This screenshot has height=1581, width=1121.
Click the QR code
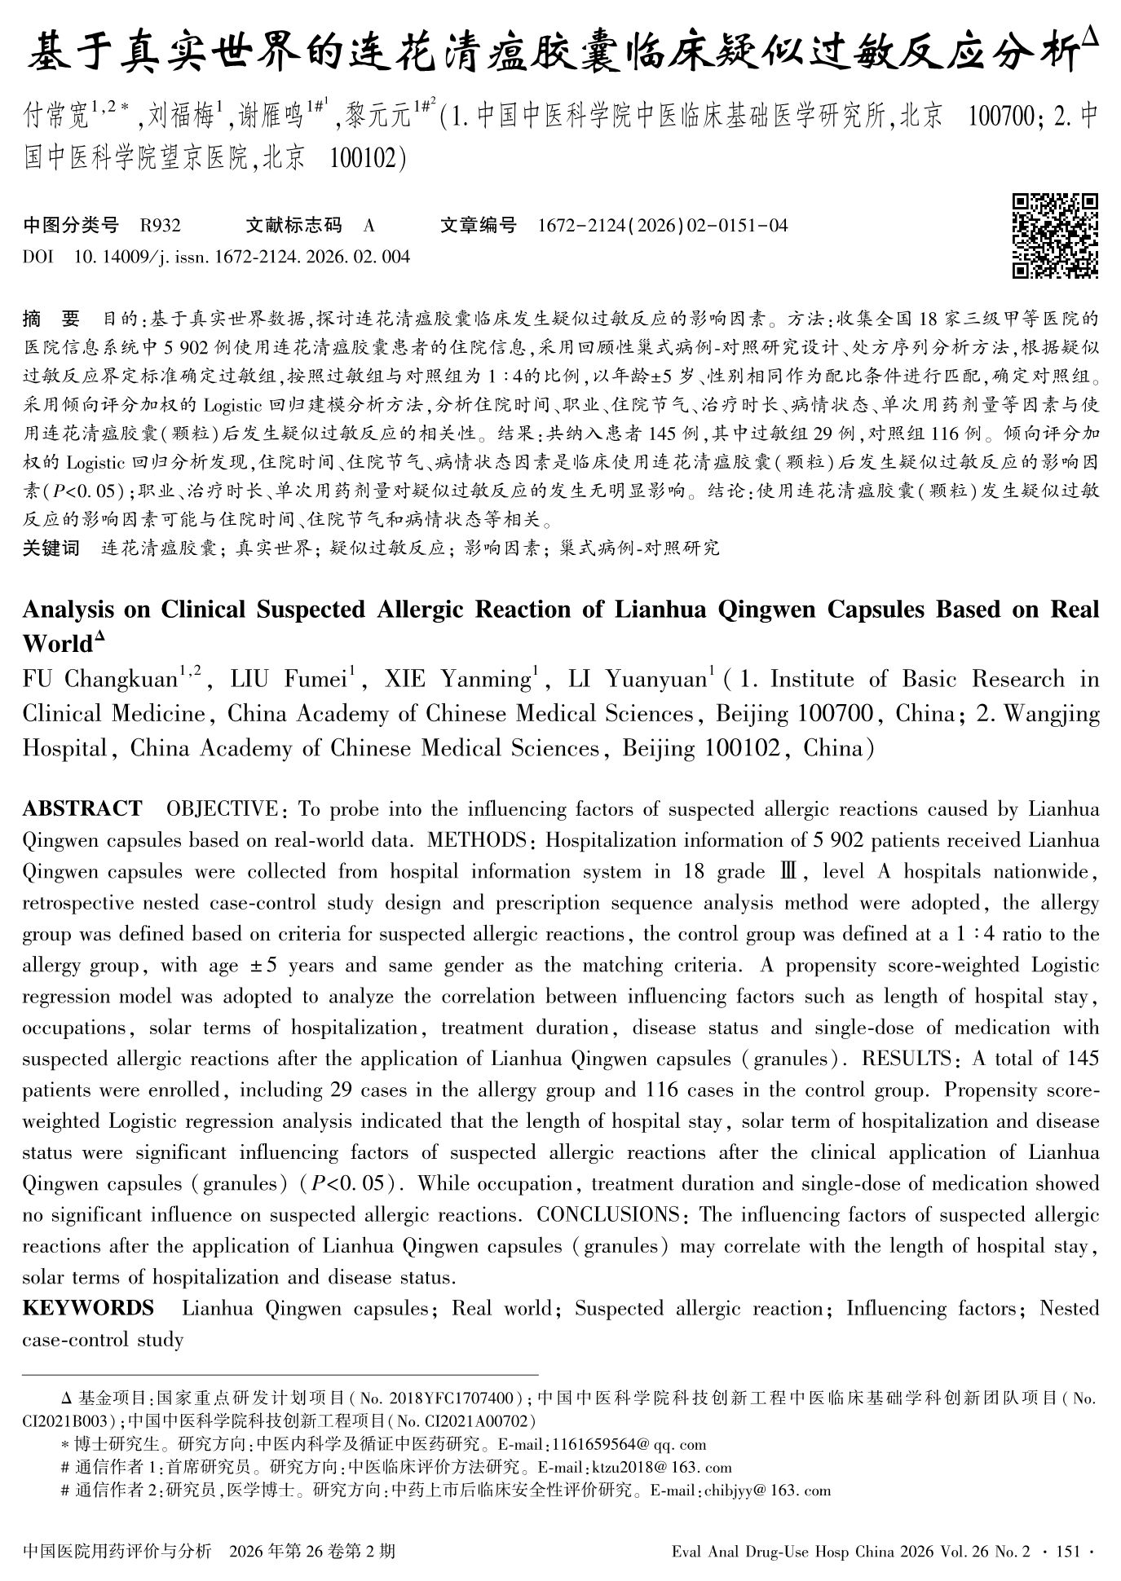[1055, 236]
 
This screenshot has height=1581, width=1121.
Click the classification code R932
[161, 226]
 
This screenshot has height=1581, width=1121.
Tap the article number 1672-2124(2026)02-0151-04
[663, 226]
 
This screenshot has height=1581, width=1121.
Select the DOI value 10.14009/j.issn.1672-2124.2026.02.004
[242, 258]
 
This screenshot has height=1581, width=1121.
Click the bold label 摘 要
[51, 319]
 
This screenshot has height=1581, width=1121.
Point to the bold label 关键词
[51, 548]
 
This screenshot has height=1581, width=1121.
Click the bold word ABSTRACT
[82, 809]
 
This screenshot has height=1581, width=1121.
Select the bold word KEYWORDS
[88, 1309]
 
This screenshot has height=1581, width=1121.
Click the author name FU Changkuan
[99, 680]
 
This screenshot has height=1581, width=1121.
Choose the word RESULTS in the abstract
[907, 1059]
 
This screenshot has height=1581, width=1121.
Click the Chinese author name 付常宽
[55, 116]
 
